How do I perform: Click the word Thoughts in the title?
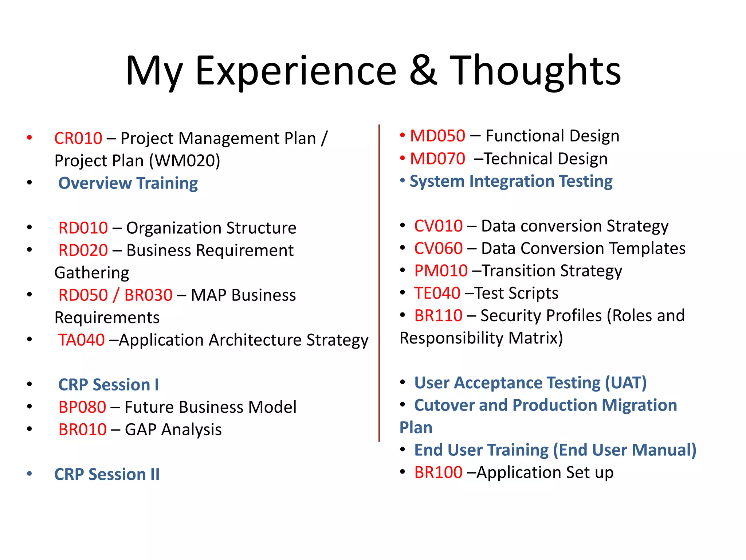pyautogui.click(x=535, y=71)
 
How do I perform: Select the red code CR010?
pyautogui.click(x=78, y=139)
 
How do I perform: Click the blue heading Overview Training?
pyautogui.click(x=128, y=183)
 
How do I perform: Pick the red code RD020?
pyautogui.click(x=83, y=250)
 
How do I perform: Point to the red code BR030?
pyautogui.click(x=148, y=295)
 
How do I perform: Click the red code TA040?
pyautogui.click(x=82, y=340)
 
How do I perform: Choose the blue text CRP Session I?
pyautogui.click(x=109, y=385)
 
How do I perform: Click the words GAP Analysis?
pyautogui.click(x=173, y=430)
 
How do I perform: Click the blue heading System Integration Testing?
pyautogui.click(x=511, y=181)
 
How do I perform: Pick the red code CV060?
pyautogui.click(x=438, y=249)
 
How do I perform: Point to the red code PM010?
pyautogui.click(x=441, y=271)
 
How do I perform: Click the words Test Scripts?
pyautogui.click(x=516, y=293)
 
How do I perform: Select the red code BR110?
pyautogui.click(x=438, y=316)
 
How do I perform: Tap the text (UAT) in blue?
pyautogui.click(x=625, y=383)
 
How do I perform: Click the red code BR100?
pyautogui.click(x=438, y=472)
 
